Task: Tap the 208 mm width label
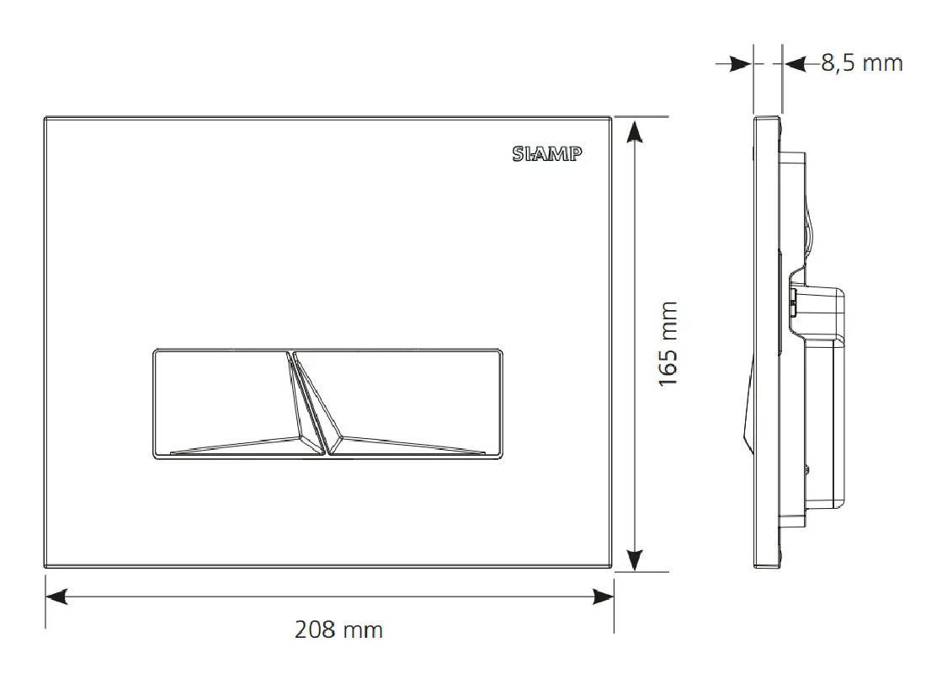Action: [338, 629]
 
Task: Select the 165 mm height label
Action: [668, 343]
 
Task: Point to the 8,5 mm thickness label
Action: [861, 62]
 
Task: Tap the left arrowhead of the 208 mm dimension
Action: [56, 596]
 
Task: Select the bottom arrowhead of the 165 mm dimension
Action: [636, 559]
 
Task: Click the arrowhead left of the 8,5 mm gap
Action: [741, 63]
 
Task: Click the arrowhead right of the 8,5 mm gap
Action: [794, 63]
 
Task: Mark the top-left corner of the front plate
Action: [44, 117]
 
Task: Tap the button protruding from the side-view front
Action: [747, 404]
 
